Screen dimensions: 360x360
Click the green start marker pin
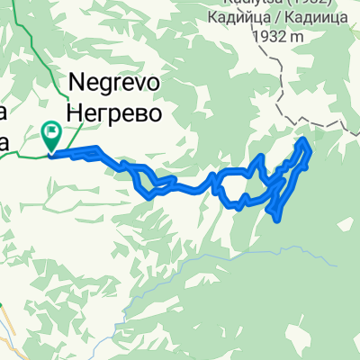[51, 135]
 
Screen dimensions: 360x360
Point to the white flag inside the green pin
[51, 133]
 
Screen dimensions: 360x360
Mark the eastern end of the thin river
[335, 265]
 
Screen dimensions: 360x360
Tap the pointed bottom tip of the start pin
[51, 152]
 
